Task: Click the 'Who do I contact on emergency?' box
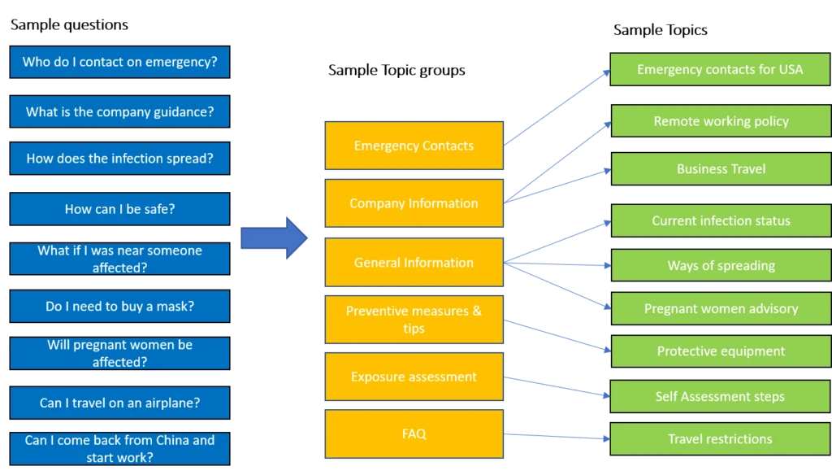coord(120,62)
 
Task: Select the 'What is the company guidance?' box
coord(120,112)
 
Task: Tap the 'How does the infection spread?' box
coord(120,159)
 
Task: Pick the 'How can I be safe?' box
coord(120,209)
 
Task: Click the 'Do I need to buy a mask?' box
coord(120,307)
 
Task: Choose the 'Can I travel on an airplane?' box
coord(120,403)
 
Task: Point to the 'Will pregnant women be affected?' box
coord(120,353)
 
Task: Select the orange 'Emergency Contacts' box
coord(414,146)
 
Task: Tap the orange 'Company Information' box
coord(414,203)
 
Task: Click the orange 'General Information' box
coord(414,263)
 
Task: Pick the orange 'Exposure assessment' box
coord(414,377)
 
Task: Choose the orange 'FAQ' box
coord(414,434)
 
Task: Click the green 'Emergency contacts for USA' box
coord(720,70)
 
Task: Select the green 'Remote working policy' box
coord(720,121)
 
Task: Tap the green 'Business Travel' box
coord(720,169)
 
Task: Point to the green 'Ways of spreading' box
coord(720,266)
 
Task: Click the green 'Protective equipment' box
coord(720,351)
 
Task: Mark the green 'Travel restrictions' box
coord(720,439)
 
